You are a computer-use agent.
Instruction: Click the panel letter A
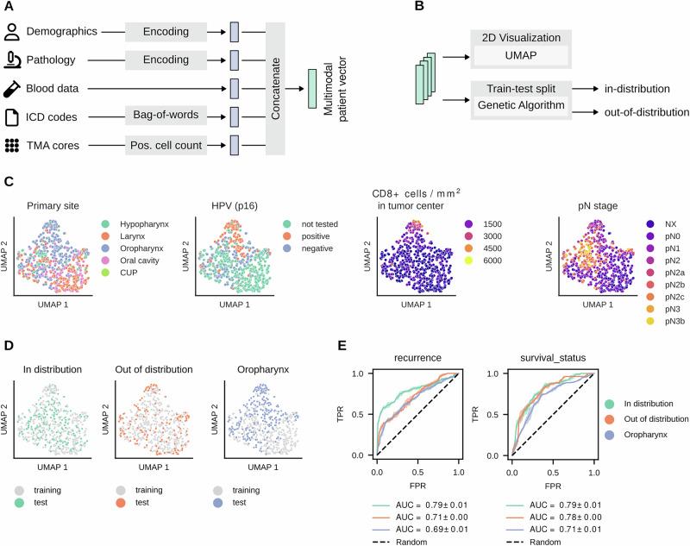click(9, 8)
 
